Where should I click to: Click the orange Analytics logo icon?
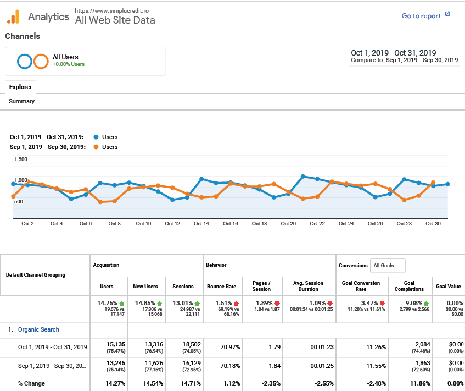tap(13, 17)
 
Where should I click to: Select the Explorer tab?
tap(20, 87)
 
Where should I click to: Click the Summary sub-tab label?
tap(21, 101)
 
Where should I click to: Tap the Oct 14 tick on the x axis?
tap(201, 224)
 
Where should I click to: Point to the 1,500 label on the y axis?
tap(20, 159)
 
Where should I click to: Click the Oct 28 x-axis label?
tap(404, 224)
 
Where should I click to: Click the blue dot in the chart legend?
tap(97, 137)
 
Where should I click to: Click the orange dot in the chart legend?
tap(97, 147)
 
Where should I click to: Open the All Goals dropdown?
tap(388, 266)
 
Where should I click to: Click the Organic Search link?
tap(38, 329)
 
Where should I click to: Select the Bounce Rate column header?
tap(221, 287)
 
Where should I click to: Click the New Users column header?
tap(145, 287)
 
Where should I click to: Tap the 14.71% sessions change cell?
tap(183, 383)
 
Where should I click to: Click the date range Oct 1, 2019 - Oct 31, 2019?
tap(393, 53)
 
